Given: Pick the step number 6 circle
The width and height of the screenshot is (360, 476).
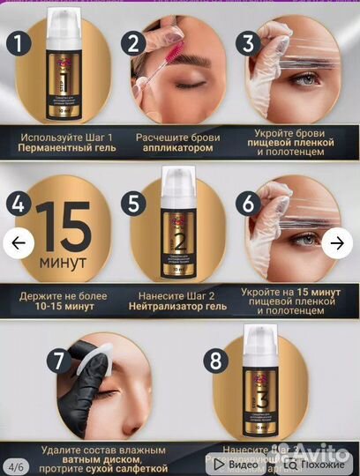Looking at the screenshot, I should tap(248, 204).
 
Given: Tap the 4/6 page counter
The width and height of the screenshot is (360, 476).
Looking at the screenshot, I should tap(16, 464).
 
